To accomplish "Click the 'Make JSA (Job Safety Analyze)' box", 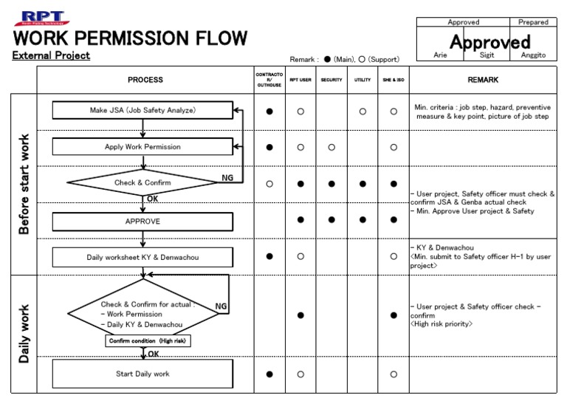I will pos(142,111).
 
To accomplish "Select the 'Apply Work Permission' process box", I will pos(142,147).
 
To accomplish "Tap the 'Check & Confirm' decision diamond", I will pos(142,182).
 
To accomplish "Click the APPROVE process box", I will pos(142,221).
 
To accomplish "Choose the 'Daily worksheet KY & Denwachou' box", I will pos(142,257).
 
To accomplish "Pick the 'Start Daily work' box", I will pos(142,374).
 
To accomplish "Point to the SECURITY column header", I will pos(331,80).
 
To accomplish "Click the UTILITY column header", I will pos(362,80).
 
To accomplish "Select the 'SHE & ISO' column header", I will pos(394,80).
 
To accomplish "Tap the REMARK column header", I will pos(483,80).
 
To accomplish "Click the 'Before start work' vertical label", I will pos(24,184).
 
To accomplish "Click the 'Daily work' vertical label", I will pos(24,333).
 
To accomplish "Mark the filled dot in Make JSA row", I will pos(269,111).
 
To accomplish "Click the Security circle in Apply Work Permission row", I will pos(331,147).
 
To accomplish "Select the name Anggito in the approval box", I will pos(533,55).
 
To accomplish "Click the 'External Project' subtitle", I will pos(52,55).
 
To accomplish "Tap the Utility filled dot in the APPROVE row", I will pos(362,219).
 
